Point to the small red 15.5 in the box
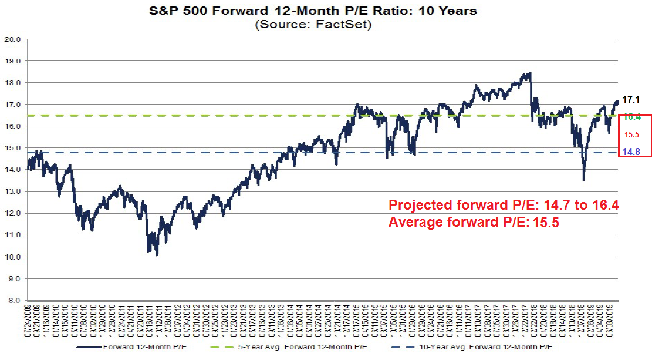tap(631, 134)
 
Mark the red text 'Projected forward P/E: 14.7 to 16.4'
tap(504, 205)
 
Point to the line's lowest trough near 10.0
tap(157, 255)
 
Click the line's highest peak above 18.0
tap(530, 73)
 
